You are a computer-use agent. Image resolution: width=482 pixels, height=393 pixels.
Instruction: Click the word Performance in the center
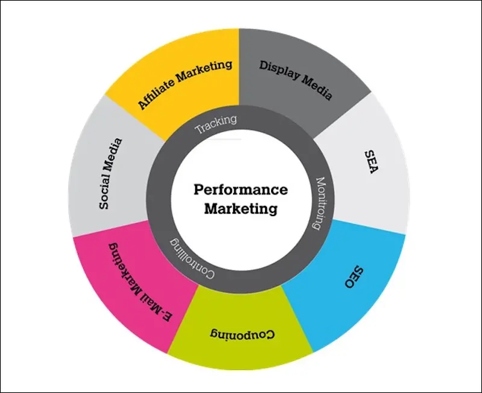tap(240, 190)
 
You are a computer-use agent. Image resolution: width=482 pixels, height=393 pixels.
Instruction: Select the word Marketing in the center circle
tap(240, 209)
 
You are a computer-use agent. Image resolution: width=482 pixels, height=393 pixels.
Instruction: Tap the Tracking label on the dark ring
tap(216, 123)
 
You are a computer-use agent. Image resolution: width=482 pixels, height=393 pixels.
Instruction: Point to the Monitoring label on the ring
tap(321, 203)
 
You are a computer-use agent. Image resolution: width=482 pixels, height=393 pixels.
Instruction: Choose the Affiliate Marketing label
tap(185, 84)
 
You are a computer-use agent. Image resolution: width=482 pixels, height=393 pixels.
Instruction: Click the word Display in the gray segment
tap(278, 69)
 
